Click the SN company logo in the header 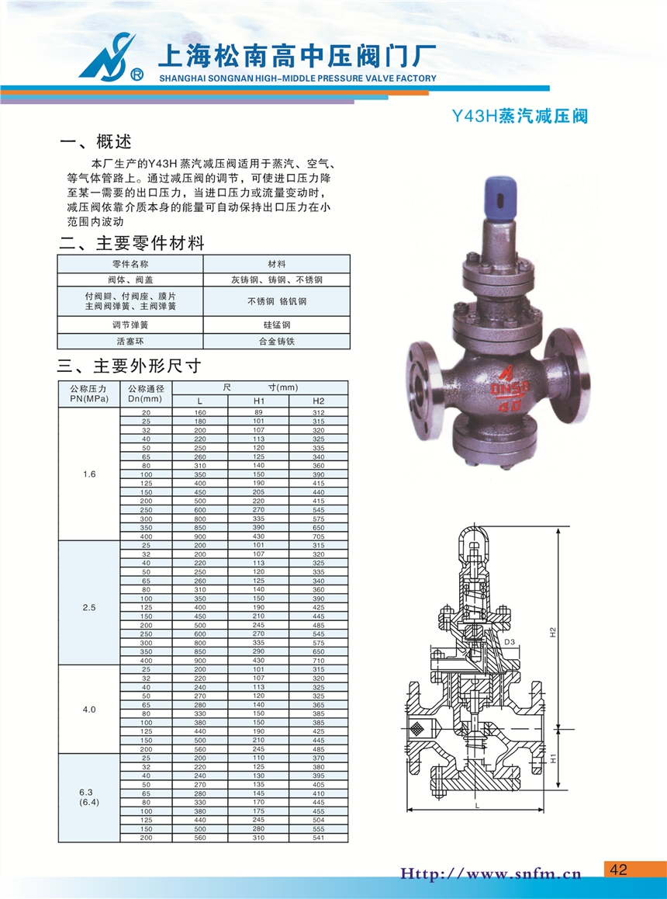tap(111, 57)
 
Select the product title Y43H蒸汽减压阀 tap(520, 116)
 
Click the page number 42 tap(619, 869)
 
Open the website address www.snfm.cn tap(490, 874)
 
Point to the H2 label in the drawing tap(554, 632)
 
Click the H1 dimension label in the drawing tap(554, 758)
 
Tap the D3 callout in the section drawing tap(510, 642)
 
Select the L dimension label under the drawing tap(477, 806)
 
